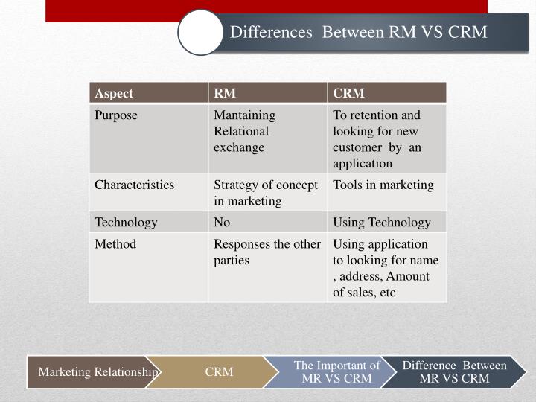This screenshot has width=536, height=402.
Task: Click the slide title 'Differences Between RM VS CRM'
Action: [x=358, y=32]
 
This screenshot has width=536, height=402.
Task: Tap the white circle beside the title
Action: [x=201, y=32]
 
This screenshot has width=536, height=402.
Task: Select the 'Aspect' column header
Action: [x=114, y=93]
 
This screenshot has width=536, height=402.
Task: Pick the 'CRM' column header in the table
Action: [x=349, y=93]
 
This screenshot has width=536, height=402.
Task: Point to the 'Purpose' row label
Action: [x=116, y=115]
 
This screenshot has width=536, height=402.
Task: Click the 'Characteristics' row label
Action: [x=134, y=185]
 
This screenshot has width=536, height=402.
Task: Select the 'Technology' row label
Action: [x=126, y=222]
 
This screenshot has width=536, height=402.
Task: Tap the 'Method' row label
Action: [x=115, y=244]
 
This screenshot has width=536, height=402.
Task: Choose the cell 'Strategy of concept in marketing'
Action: [x=266, y=192]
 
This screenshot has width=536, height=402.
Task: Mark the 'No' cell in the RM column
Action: [x=222, y=222]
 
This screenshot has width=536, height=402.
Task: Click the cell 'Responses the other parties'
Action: [x=267, y=252]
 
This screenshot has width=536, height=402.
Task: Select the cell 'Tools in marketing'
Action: [x=383, y=185]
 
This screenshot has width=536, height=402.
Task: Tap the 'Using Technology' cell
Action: [x=381, y=222]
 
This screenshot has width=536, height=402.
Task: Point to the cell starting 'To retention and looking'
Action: [x=377, y=138]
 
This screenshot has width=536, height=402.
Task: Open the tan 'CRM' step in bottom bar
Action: [x=219, y=371]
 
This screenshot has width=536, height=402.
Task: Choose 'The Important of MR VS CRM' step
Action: [x=336, y=371]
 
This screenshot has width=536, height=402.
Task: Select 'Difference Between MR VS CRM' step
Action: [x=454, y=371]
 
